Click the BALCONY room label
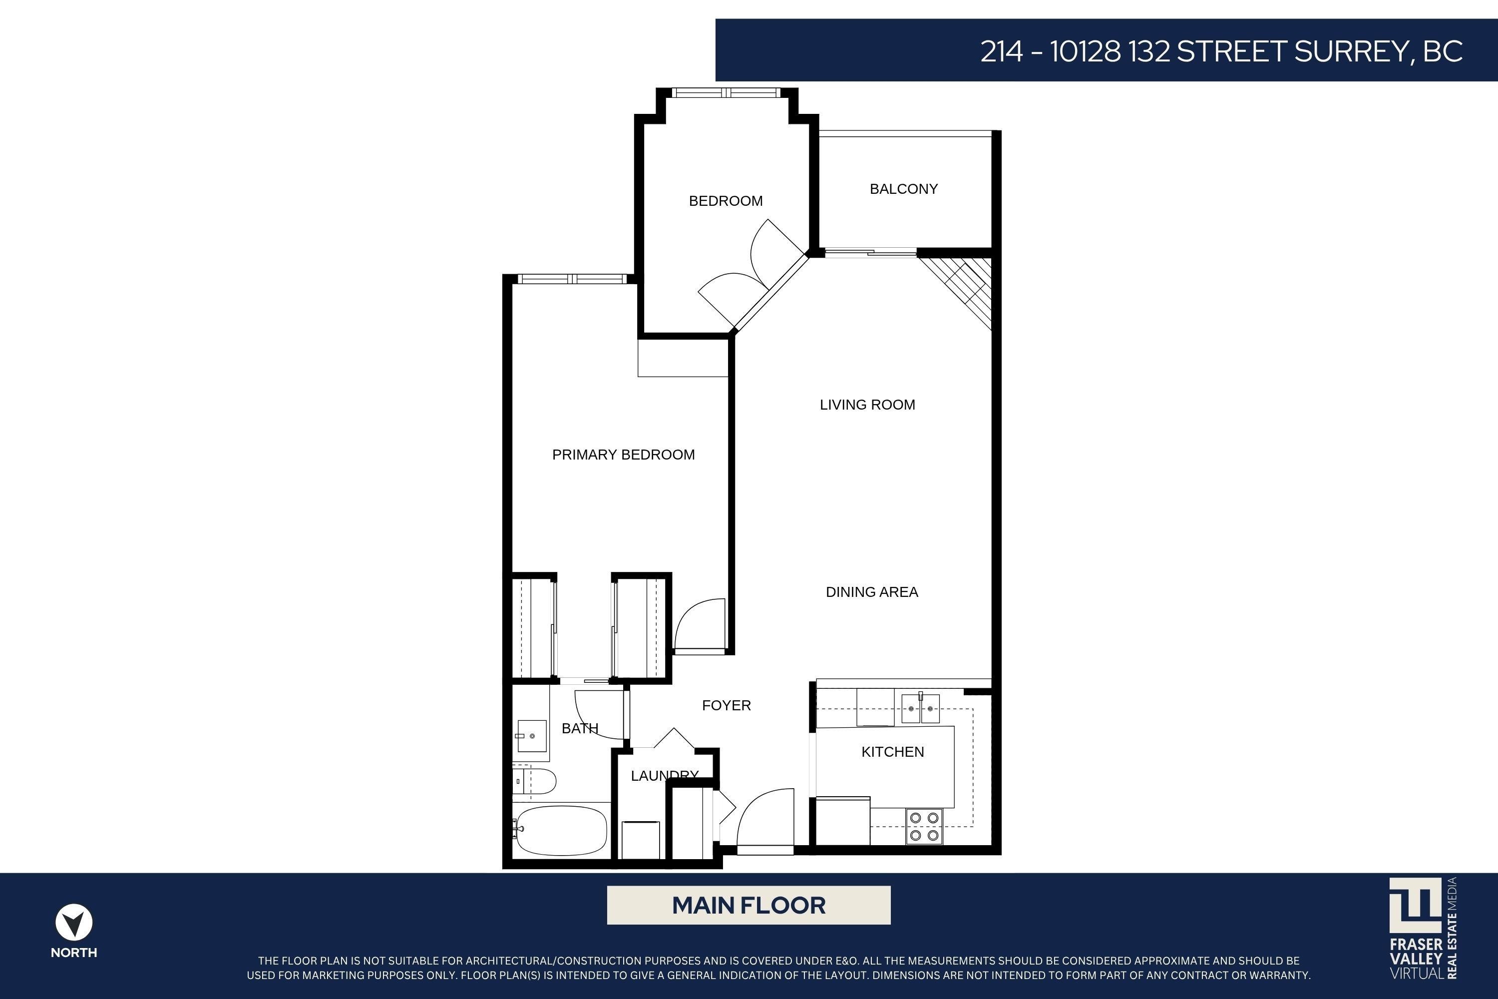click(x=904, y=189)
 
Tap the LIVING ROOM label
click(x=867, y=405)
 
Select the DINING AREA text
click(x=872, y=592)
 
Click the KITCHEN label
click(x=893, y=752)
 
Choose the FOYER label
click(x=727, y=705)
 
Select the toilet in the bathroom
click(x=535, y=781)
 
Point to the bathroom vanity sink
click(x=532, y=736)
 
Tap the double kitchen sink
click(x=920, y=708)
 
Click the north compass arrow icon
click(x=74, y=922)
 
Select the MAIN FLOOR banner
click(x=749, y=905)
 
